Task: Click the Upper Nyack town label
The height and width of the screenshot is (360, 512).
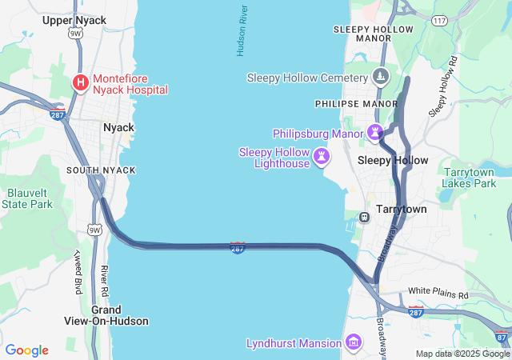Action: pos(74,20)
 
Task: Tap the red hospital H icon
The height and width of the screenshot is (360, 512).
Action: pos(81,82)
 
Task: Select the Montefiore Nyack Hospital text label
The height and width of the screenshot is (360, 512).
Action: pos(130,84)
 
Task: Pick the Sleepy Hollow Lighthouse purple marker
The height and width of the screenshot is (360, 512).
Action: pos(321,155)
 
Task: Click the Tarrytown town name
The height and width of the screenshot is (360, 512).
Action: pos(401,209)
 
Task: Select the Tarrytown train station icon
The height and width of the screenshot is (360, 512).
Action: pos(363,217)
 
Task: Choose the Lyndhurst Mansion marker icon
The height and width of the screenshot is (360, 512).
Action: pos(353,344)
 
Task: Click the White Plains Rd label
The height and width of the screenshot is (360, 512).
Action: pos(438,293)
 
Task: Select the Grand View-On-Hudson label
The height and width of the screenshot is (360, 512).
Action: pos(106,315)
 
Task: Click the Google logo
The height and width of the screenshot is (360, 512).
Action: pos(26,350)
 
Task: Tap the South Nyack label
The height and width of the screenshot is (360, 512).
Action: pos(101,170)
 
